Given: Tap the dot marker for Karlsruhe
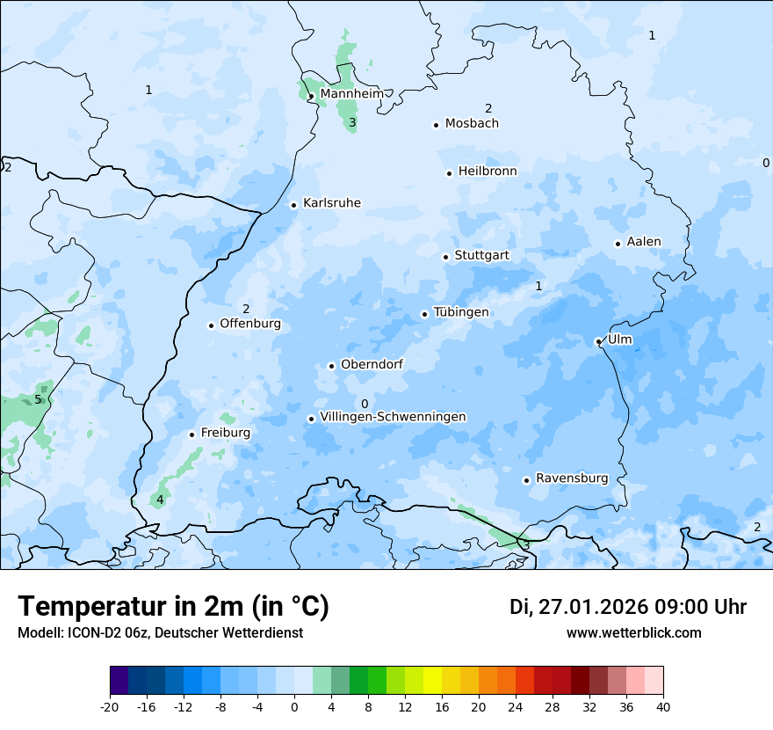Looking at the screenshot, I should (x=293, y=205).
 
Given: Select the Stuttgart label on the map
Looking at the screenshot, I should (x=481, y=255).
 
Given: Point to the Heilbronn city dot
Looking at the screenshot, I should (x=449, y=173).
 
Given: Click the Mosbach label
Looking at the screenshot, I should (x=472, y=123).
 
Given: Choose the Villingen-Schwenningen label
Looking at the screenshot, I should (x=393, y=416).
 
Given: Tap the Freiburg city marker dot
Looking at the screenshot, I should (x=191, y=434).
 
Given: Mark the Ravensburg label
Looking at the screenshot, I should (x=572, y=478).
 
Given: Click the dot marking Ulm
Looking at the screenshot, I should (x=598, y=341).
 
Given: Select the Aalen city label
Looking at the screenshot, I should (x=644, y=241).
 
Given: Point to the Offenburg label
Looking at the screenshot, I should (x=250, y=323).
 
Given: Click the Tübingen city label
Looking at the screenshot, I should (x=461, y=311).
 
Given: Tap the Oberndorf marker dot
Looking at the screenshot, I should (x=331, y=366).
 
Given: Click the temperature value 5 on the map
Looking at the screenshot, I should (x=38, y=399).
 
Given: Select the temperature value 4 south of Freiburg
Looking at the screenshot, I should (x=159, y=500).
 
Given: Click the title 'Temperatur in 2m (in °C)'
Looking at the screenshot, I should (x=173, y=606).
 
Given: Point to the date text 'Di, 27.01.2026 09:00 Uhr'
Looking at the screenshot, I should (x=627, y=607).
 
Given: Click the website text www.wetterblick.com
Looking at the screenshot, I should (x=633, y=632).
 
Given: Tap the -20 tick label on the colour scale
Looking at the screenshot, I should (x=110, y=706).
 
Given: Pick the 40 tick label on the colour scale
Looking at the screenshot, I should (x=662, y=706).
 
